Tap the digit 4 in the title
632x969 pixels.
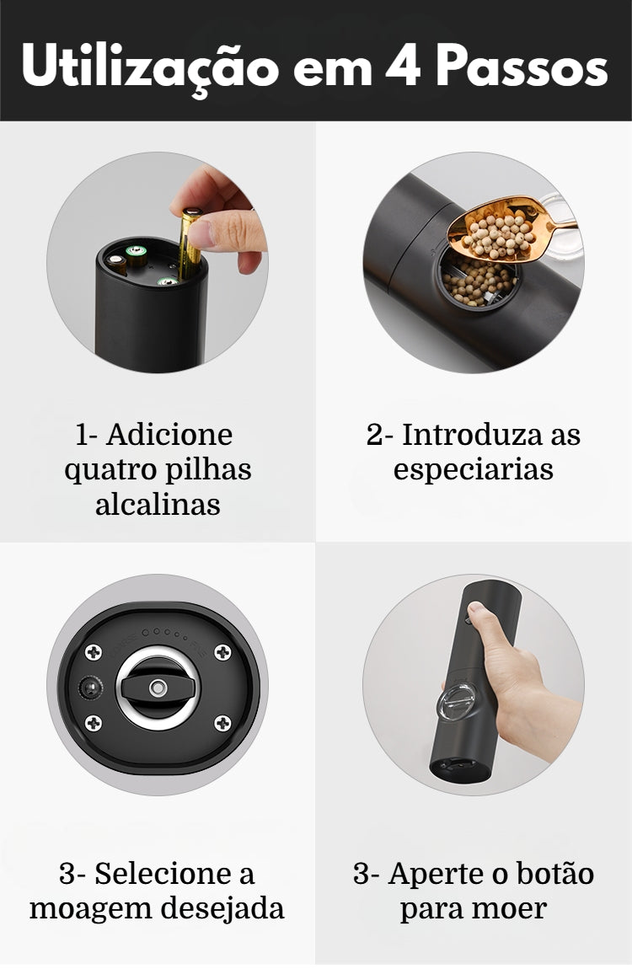tap(403, 65)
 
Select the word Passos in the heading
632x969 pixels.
tap(522, 66)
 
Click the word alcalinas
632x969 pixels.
tap(158, 504)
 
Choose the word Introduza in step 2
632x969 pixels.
tap(473, 435)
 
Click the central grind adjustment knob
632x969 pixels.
tap(158, 688)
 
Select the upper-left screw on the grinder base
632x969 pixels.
tap(94, 651)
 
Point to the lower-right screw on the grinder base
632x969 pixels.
tap(222, 722)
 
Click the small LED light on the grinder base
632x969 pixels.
tap(90, 688)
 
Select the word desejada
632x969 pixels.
tap(222, 908)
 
